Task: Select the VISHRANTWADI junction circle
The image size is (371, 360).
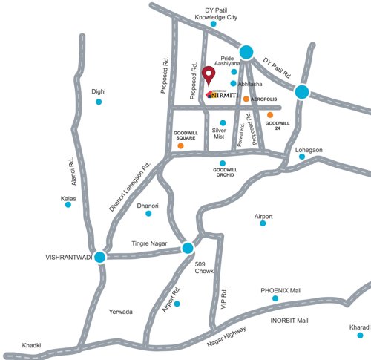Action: click(99, 257)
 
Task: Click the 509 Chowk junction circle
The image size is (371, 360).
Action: click(188, 248)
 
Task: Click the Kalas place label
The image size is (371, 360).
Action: click(68, 198)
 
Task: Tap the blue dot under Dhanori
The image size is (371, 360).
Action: click(148, 214)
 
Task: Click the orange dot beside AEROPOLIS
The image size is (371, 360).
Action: click(246, 98)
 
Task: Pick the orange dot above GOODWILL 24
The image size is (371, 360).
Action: click(270, 115)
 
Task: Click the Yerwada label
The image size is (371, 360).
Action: click(120, 312)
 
